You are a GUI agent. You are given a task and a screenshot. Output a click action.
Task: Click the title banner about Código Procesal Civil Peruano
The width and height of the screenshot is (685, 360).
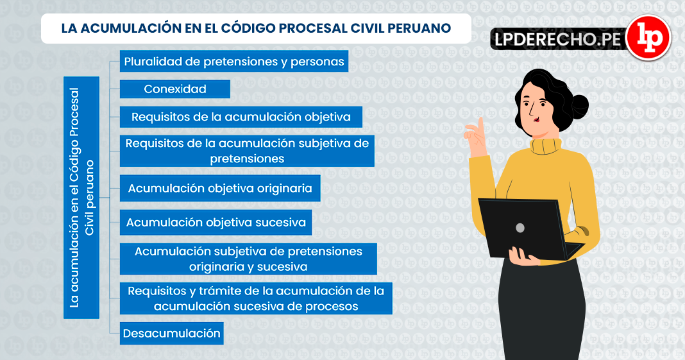tap(256, 29)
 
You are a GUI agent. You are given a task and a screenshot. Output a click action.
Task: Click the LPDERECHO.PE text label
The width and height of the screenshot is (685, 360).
tap(557, 40)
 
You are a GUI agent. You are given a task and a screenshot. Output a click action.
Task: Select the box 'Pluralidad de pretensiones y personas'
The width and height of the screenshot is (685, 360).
tap(234, 62)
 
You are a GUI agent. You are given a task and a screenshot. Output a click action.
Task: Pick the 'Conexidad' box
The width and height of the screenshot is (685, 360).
tap(175, 89)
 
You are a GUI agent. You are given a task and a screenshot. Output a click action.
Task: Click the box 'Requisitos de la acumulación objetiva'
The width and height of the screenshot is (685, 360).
tap(241, 117)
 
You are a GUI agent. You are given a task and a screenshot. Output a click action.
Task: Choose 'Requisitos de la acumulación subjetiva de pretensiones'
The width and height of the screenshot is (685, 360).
tap(247, 151)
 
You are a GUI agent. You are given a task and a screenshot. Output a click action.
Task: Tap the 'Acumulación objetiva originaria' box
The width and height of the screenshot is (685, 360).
tap(220, 189)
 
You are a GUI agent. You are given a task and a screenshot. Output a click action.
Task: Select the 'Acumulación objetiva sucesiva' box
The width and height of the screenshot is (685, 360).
tap(216, 223)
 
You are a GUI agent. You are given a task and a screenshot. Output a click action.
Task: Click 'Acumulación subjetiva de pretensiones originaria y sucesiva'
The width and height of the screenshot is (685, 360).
tap(248, 259)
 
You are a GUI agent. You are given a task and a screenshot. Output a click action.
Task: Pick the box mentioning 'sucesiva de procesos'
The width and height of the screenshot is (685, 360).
tap(256, 298)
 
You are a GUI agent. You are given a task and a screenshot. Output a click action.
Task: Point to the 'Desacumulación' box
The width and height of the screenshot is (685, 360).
tap(172, 333)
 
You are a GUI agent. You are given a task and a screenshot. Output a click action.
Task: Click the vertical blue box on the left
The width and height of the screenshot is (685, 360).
tap(81, 197)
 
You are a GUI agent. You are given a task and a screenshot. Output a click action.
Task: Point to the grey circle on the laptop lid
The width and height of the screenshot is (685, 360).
tap(520, 228)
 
